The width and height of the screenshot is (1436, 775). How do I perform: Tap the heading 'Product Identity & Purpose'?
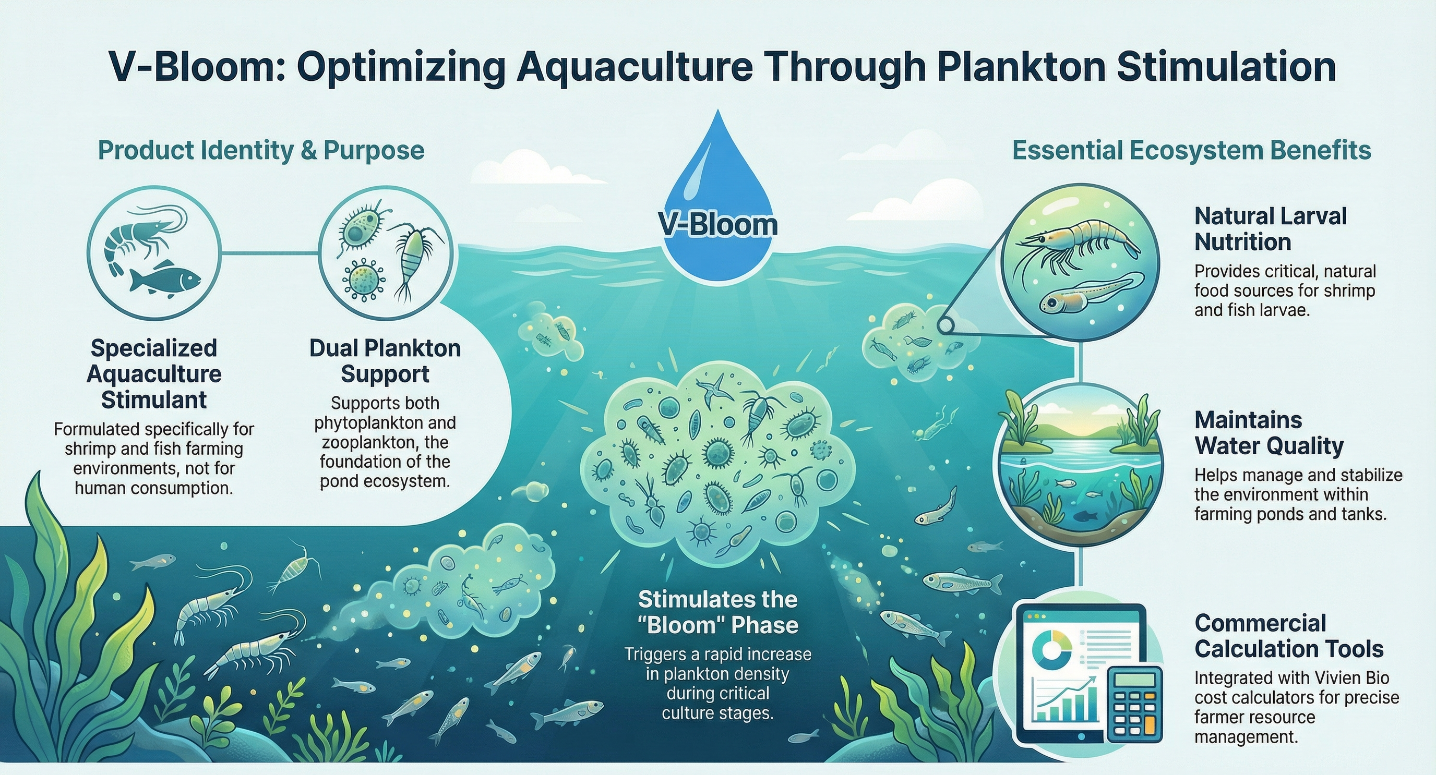pyautogui.click(x=261, y=151)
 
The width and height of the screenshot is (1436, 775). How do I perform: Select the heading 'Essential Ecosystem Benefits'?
pyautogui.click(x=1191, y=151)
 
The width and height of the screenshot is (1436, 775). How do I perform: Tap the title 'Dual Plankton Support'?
pyautogui.click(x=385, y=361)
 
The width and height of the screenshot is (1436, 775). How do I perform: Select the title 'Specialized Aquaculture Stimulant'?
pyautogui.click(x=154, y=374)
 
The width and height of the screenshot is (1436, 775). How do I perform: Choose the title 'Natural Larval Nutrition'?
pyautogui.click(x=1270, y=228)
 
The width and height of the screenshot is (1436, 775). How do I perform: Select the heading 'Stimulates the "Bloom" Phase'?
pyautogui.click(x=717, y=612)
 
